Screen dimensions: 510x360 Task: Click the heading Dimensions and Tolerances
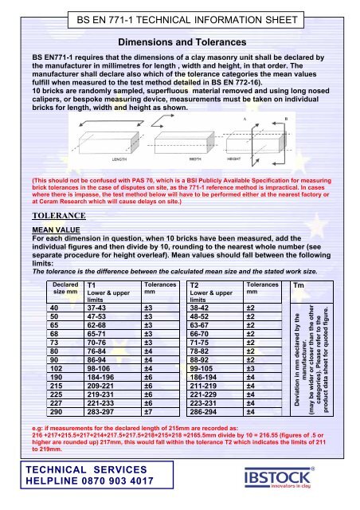[x=179, y=41]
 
